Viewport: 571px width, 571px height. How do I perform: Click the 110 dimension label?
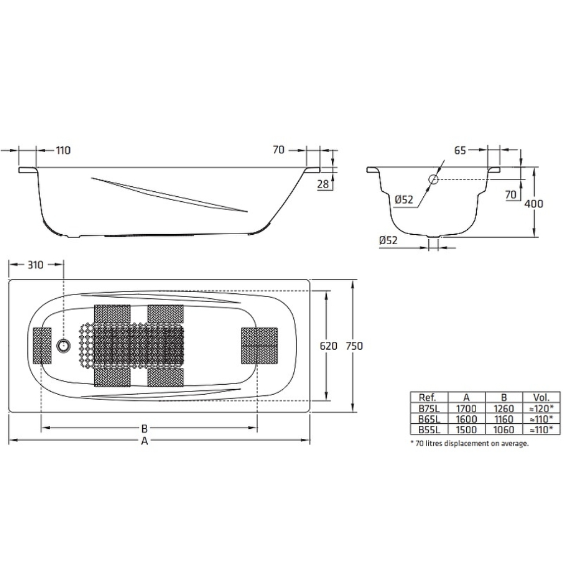pyautogui.click(x=64, y=151)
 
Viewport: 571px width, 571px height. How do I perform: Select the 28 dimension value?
pyautogui.click(x=323, y=184)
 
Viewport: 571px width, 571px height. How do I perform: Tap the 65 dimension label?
pyautogui.click(x=460, y=151)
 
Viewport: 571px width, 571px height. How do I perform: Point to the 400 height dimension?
pyautogui.click(x=534, y=204)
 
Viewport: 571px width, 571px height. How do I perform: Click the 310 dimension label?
pyautogui.click(x=36, y=265)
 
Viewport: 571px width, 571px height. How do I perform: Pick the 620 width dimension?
pyautogui.click(x=328, y=346)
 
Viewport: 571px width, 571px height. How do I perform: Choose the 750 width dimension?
pyautogui.click(x=354, y=346)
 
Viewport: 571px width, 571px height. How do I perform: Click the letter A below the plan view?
pyautogui.click(x=144, y=441)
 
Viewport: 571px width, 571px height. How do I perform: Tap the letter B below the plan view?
pyautogui.click(x=144, y=428)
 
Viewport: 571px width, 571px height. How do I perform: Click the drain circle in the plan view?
pyautogui.click(x=64, y=346)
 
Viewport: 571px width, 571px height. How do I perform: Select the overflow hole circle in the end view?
pyautogui.click(x=433, y=179)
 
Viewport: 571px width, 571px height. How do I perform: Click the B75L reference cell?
pyautogui.click(x=429, y=409)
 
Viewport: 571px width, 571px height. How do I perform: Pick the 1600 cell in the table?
pyautogui.click(x=467, y=419)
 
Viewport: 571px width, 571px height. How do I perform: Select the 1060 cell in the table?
pyautogui.click(x=504, y=430)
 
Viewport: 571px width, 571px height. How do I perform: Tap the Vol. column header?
pyautogui.click(x=541, y=397)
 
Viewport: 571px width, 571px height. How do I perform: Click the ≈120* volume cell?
pyautogui.click(x=541, y=409)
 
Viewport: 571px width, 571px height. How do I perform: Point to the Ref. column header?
pyautogui.click(x=428, y=397)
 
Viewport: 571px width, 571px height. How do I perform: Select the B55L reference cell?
pyautogui.click(x=429, y=430)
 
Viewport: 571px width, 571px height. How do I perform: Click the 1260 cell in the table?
pyautogui.click(x=504, y=409)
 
